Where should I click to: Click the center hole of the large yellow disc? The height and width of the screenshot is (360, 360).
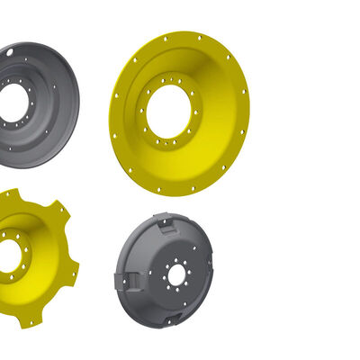pos(168,111)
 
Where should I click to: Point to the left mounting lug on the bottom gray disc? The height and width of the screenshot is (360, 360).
pos(123,281)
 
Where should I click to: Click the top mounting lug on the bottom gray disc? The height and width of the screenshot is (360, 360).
pos(162,219)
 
